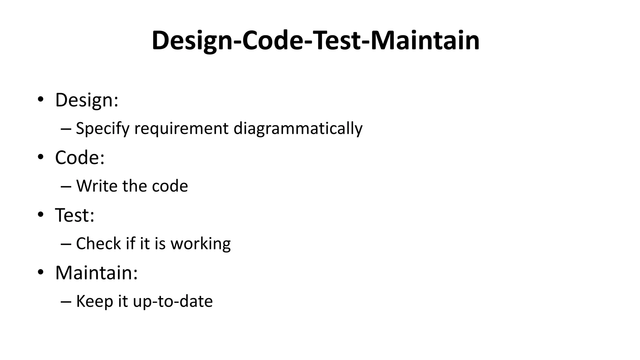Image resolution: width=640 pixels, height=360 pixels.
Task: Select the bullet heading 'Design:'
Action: pos(87,100)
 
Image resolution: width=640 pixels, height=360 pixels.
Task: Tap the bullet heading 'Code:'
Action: pos(80,157)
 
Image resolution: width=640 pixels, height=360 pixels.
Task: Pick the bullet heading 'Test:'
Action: pos(75,215)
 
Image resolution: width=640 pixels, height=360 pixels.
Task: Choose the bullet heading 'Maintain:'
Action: pos(96,272)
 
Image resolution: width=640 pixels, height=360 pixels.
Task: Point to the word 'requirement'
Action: pos(181,129)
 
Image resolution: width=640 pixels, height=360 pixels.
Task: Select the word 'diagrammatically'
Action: pos(298,129)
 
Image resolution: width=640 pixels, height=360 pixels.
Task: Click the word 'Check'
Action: pos(98,243)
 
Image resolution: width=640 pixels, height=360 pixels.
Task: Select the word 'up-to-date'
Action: pos(172,302)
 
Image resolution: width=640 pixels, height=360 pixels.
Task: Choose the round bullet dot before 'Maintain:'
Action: pos(40,272)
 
